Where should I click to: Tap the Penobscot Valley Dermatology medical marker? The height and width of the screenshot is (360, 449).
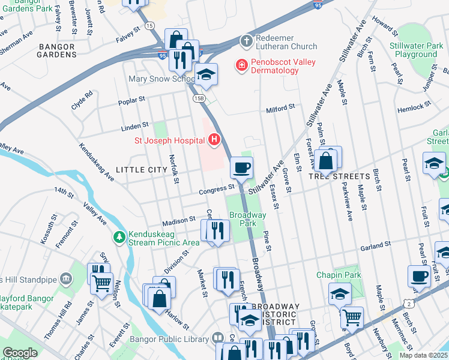(x=241, y=65)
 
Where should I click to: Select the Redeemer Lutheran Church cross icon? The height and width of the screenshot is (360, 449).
(x=245, y=41)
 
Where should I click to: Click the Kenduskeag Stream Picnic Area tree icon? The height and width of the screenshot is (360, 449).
(x=120, y=238)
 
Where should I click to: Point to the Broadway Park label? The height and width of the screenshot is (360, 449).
(x=247, y=219)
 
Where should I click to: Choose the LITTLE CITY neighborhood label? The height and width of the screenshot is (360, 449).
(x=141, y=170)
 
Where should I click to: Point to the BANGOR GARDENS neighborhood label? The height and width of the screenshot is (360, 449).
(x=58, y=50)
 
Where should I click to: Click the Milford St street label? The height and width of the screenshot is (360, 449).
(x=281, y=108)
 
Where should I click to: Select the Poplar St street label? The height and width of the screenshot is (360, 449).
(x=133, y=99)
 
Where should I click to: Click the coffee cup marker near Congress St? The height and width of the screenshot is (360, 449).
(x=241, y=168)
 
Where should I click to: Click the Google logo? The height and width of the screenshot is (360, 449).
(x=20, y=353)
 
